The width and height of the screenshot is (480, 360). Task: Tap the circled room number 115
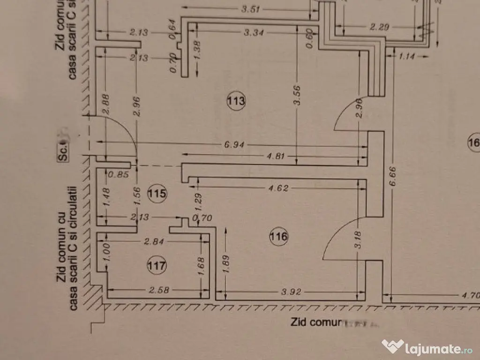(157, 193)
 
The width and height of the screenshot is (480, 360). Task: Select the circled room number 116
(278, 237)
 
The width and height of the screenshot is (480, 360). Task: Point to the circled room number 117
(157, 266)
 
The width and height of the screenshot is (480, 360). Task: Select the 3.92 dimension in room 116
(291, 292)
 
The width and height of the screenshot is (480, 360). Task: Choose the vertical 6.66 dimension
(393, 176)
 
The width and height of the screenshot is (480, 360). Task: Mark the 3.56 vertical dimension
(296, 95)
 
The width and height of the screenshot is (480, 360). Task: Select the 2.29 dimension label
(380, 28)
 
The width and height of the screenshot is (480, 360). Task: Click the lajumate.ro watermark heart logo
(393, 347)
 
